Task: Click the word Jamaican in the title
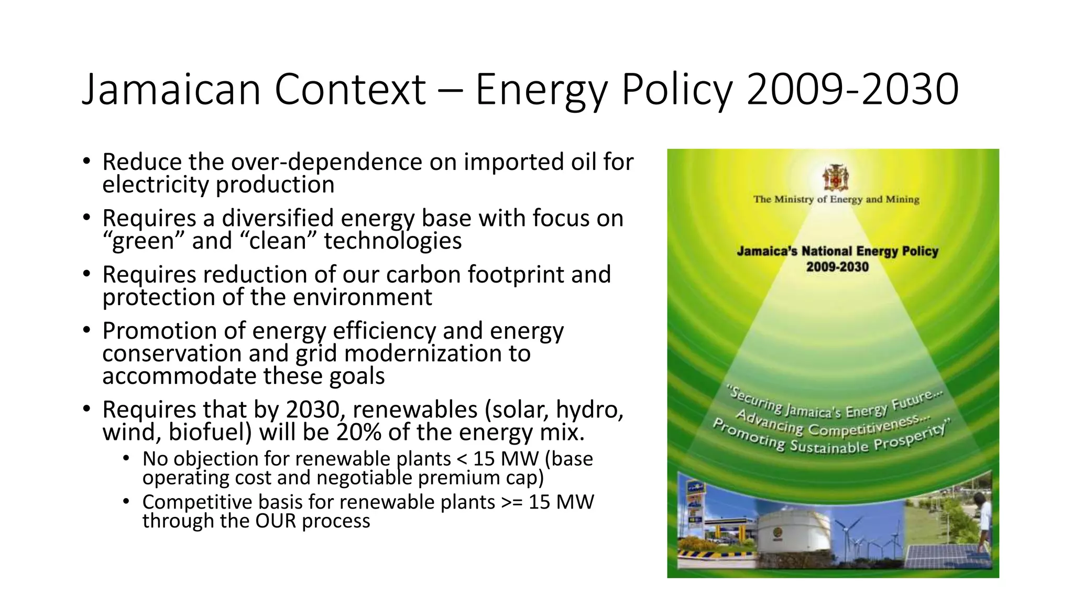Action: click(171, 89)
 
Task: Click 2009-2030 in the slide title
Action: click(852, 89)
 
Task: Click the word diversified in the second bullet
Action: click(277, 218)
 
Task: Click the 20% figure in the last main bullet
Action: click(359, 433)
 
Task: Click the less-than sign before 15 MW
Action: click(462, 459)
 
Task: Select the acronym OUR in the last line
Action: click(276, 521)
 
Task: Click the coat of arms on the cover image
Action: click(835, 178)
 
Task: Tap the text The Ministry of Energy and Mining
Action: click(836, 199)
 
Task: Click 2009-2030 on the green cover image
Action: click(837, 267)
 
